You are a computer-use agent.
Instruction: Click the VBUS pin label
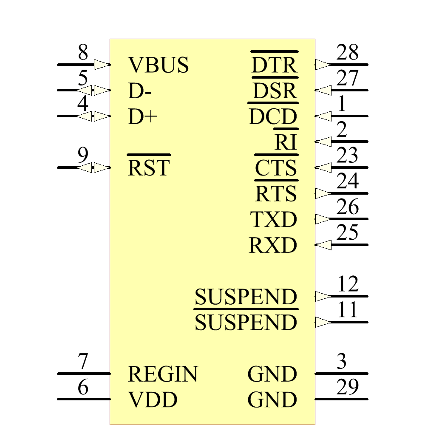click(158, 65)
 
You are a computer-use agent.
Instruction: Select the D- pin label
click(139, 91)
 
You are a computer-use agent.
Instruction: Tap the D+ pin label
click(142, 116)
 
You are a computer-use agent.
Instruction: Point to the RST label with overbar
click(149, 165)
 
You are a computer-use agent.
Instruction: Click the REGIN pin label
click(163, 374)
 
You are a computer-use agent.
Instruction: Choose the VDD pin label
click(152, 399)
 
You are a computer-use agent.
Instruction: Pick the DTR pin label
click(274, 62)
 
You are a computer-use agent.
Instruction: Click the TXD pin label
click(273, 219)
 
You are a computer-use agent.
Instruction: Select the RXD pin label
click(273, 245)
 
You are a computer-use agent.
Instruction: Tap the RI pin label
click(286, 139)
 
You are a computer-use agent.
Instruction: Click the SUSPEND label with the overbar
click(246, 320)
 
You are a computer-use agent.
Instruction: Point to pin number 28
click(347, 52)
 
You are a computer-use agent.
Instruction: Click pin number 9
click(83, 155)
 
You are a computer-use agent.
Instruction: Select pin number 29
click(347, 387)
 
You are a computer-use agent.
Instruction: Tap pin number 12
click(348, 284)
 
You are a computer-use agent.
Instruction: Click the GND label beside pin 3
click(272, 374)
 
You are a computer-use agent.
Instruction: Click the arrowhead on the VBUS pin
click(102, 65)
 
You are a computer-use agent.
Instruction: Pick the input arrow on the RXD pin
click(323, 245)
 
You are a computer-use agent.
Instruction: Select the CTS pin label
click(276, 165)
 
